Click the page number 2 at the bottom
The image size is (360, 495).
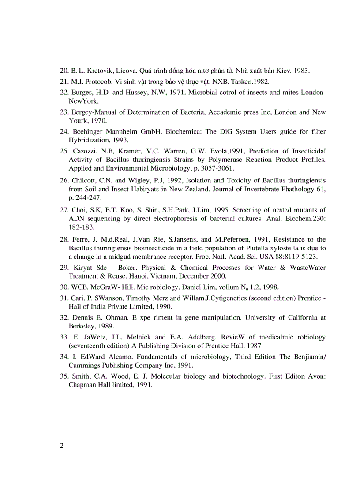pos(62,446)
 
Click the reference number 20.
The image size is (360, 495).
pos(64,71)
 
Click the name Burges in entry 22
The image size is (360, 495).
pos(82,93)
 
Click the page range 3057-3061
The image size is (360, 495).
pos(217,168)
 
